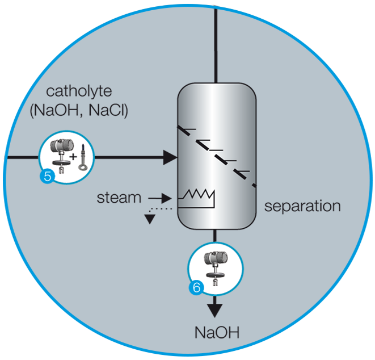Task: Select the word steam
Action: [x=119, y=198]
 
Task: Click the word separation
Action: [x=302, y=205]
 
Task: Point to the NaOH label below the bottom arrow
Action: [x=216, y=332]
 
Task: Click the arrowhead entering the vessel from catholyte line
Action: [x=170, y=156]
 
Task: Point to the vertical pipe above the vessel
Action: [x=216, y=40]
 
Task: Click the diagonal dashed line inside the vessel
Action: [x=216, y=153]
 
